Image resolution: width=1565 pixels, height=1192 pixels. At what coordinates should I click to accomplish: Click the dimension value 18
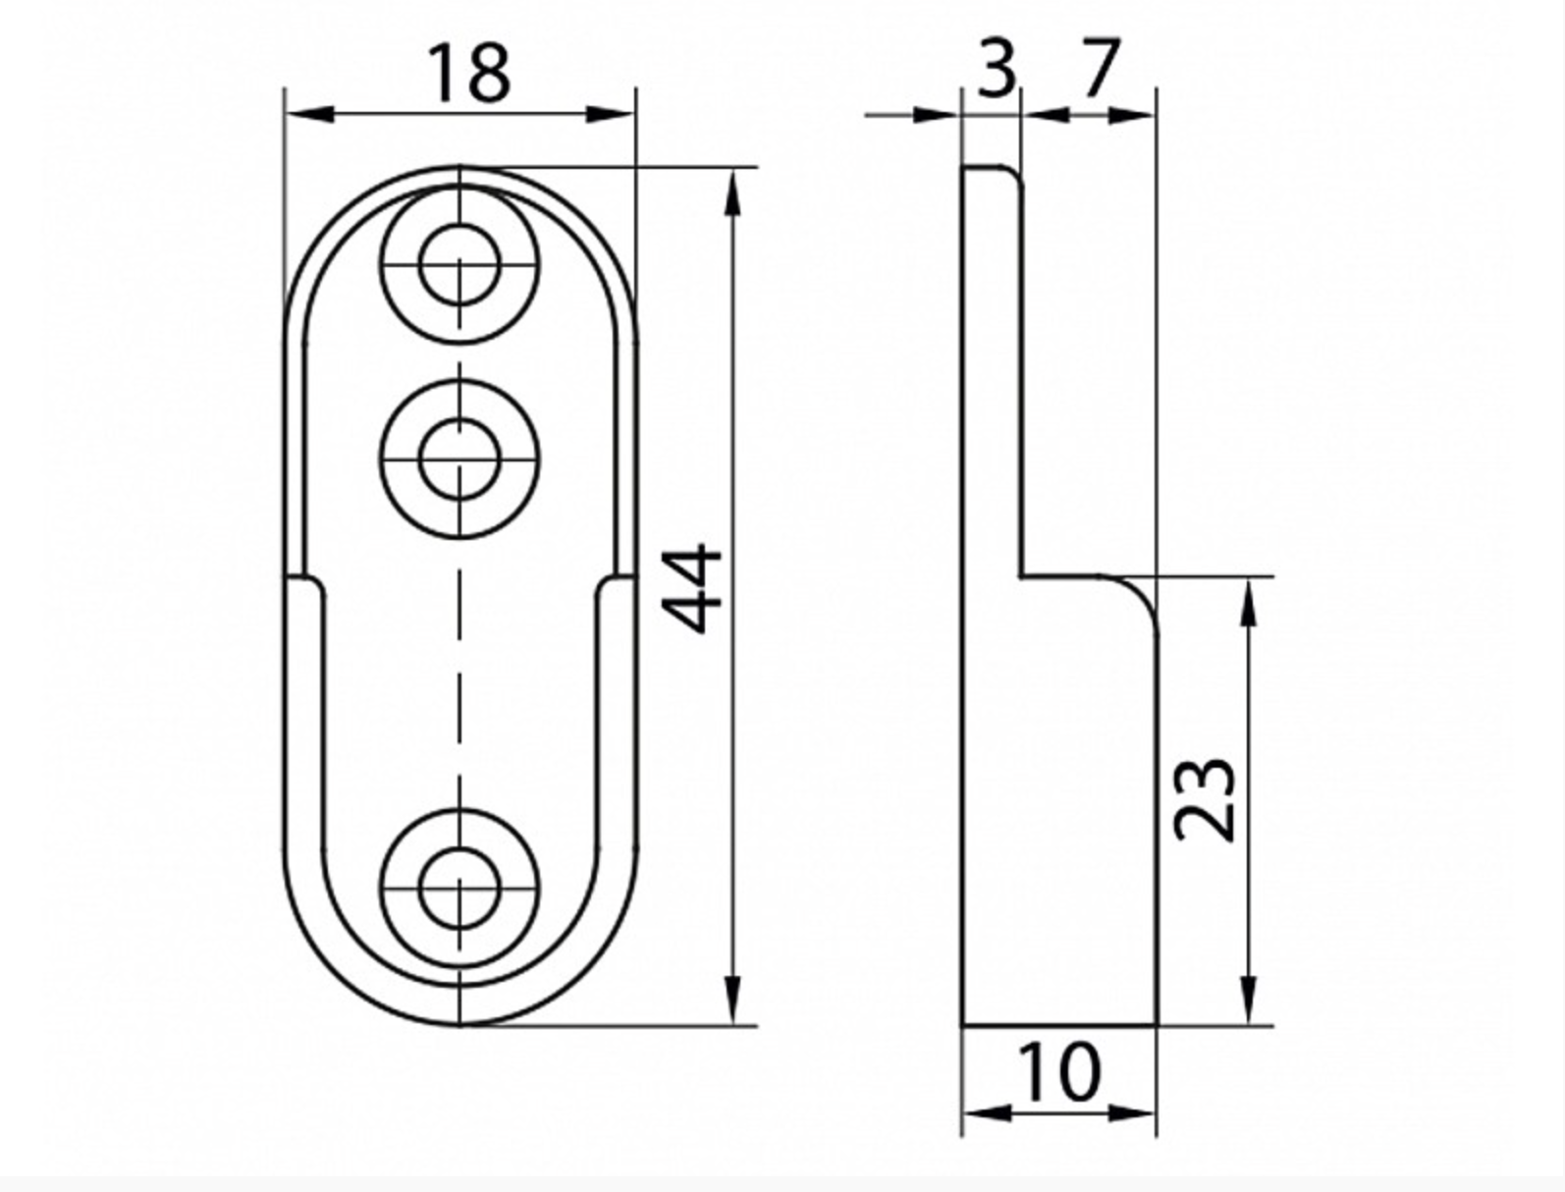pos(471,74)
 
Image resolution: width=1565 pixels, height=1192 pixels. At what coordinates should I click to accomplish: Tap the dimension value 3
pos(996,69)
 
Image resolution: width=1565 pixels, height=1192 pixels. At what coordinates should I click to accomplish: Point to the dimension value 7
pos(1102,67)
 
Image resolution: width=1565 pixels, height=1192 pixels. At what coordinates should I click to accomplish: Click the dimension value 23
pos(1205,799)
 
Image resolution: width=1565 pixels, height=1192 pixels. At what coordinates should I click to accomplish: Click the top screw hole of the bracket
pos(459,264)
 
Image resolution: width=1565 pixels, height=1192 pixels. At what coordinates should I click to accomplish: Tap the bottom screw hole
pos(459,889)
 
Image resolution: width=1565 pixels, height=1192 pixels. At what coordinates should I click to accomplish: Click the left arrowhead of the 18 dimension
pos(310,113)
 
